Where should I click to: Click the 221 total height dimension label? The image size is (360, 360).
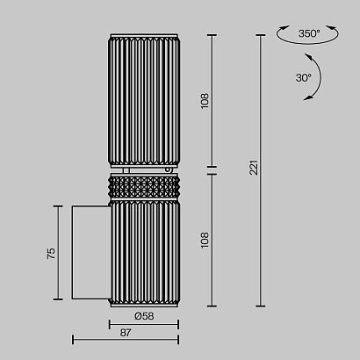click(254, 167)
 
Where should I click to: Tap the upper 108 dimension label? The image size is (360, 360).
click(205, 101)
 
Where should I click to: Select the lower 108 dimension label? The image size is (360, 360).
click(205, 241)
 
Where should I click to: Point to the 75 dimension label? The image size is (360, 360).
click(51, 253)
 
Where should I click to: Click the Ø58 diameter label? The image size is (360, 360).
click(144, 316)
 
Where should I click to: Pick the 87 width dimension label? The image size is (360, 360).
click(126, 333)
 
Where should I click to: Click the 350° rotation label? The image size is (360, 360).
click(309, 33)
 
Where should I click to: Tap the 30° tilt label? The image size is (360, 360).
click(303, 78)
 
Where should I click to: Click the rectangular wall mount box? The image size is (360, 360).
click(91, 252)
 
